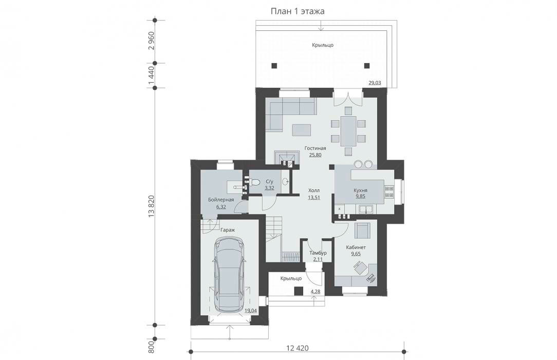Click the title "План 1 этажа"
[298, 11]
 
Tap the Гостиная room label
[315, 148]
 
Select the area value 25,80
[315, 155]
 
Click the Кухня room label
[360, 190]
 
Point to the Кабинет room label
[356, 247]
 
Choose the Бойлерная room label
[221, 200]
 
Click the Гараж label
[228, 230]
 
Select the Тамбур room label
[318, 253]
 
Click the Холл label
[314, 190]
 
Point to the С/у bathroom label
[269, 181]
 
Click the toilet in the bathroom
[254, 182]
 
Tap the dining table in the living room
[348, 131]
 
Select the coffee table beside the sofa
[301, 130]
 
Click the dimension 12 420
[298, 348]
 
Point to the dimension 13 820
[152, 206]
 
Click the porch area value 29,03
[375, 83]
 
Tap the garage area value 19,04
[251, 310]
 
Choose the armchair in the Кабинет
[362, 230]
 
